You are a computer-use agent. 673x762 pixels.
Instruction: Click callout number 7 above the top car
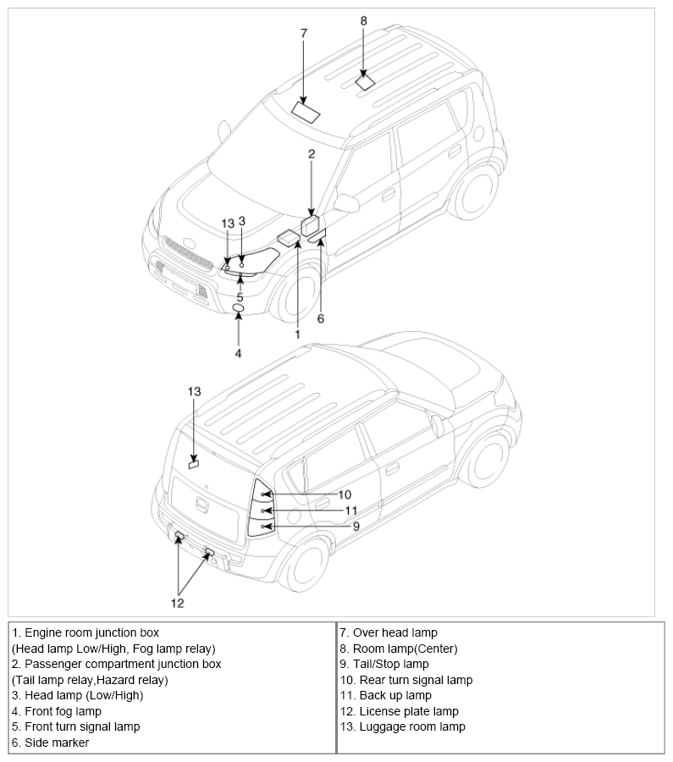click(x=304, y=33)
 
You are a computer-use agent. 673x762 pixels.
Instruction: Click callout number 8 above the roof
click(x=363, y=21)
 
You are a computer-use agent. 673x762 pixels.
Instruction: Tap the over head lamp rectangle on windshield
click(x=306, y=111)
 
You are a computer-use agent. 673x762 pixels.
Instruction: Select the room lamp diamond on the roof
click(x=365, y=81)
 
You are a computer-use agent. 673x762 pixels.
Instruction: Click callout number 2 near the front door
click(x=312, y=153)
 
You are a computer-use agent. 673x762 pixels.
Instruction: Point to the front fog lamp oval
click(x=238, y=308)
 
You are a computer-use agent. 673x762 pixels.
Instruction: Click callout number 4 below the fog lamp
click(x=238, y=353)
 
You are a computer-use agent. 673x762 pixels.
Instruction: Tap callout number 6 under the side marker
click(x=321, y=318)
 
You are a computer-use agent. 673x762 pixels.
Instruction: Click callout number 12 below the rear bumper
click(x=178, y=603)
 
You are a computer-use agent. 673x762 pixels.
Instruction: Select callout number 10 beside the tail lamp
click(x=345, y=494)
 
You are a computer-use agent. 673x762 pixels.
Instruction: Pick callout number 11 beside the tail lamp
click(x=350, y=511)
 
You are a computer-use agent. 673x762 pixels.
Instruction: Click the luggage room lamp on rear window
click(x=194, y=465)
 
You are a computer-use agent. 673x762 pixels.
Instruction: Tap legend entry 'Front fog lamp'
click(x=57, y=711)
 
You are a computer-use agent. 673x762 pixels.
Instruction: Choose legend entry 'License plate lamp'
click(x=399, y=711)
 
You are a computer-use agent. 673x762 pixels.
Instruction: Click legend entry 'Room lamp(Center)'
click(x=399, y=649)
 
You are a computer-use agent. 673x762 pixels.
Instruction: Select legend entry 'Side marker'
click(x=50, y=743)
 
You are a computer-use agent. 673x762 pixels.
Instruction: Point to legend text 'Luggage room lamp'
click(x=402, y=727)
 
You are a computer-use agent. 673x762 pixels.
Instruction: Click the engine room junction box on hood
click(x=289, y=238)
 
